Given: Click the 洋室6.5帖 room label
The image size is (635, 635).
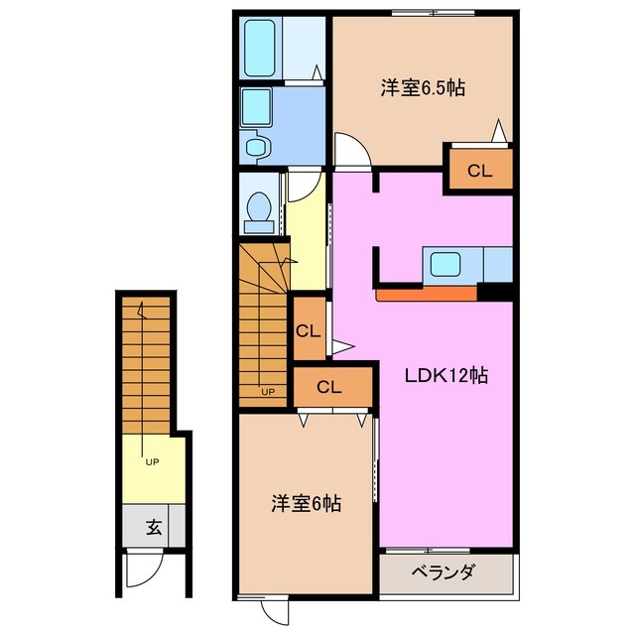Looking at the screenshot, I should pos(423,87).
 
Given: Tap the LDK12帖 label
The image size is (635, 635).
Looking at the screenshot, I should pos(445,376).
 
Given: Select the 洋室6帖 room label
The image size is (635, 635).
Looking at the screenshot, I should pos(306,504).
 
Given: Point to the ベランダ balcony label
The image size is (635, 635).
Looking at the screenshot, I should pos(444,571).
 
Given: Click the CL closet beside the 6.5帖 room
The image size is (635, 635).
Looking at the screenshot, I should pos(479,170).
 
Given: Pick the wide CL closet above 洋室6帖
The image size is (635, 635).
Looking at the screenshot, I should pos(329,387).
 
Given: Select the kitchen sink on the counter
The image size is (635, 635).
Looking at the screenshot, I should pos(443,265).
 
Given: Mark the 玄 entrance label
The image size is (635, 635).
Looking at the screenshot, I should pos(155,526).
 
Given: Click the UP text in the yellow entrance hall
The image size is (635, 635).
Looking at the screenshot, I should pos(151,461).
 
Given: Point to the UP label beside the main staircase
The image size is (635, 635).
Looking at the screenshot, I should pos(267,391).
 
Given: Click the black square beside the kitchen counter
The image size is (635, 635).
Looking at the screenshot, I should pos(493,291).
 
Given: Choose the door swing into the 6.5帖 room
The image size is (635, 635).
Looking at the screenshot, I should pos(352,152).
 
